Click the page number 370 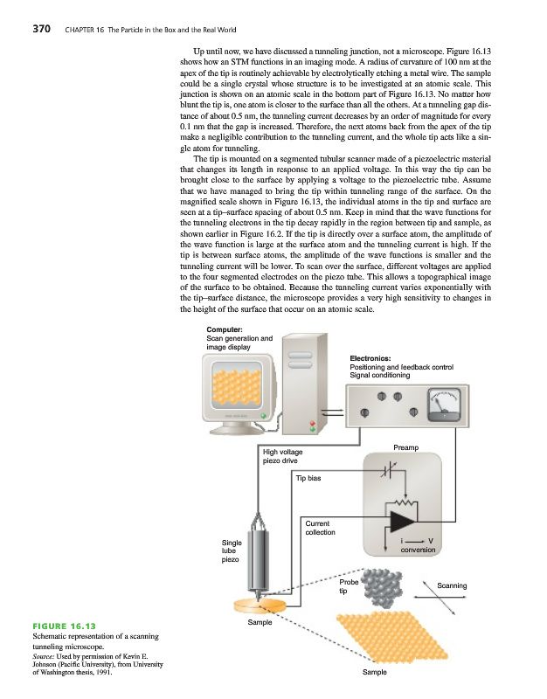41,28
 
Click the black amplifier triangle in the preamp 404,521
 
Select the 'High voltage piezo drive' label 283,456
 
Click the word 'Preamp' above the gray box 407,448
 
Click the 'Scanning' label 452,585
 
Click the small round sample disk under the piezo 259,606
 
